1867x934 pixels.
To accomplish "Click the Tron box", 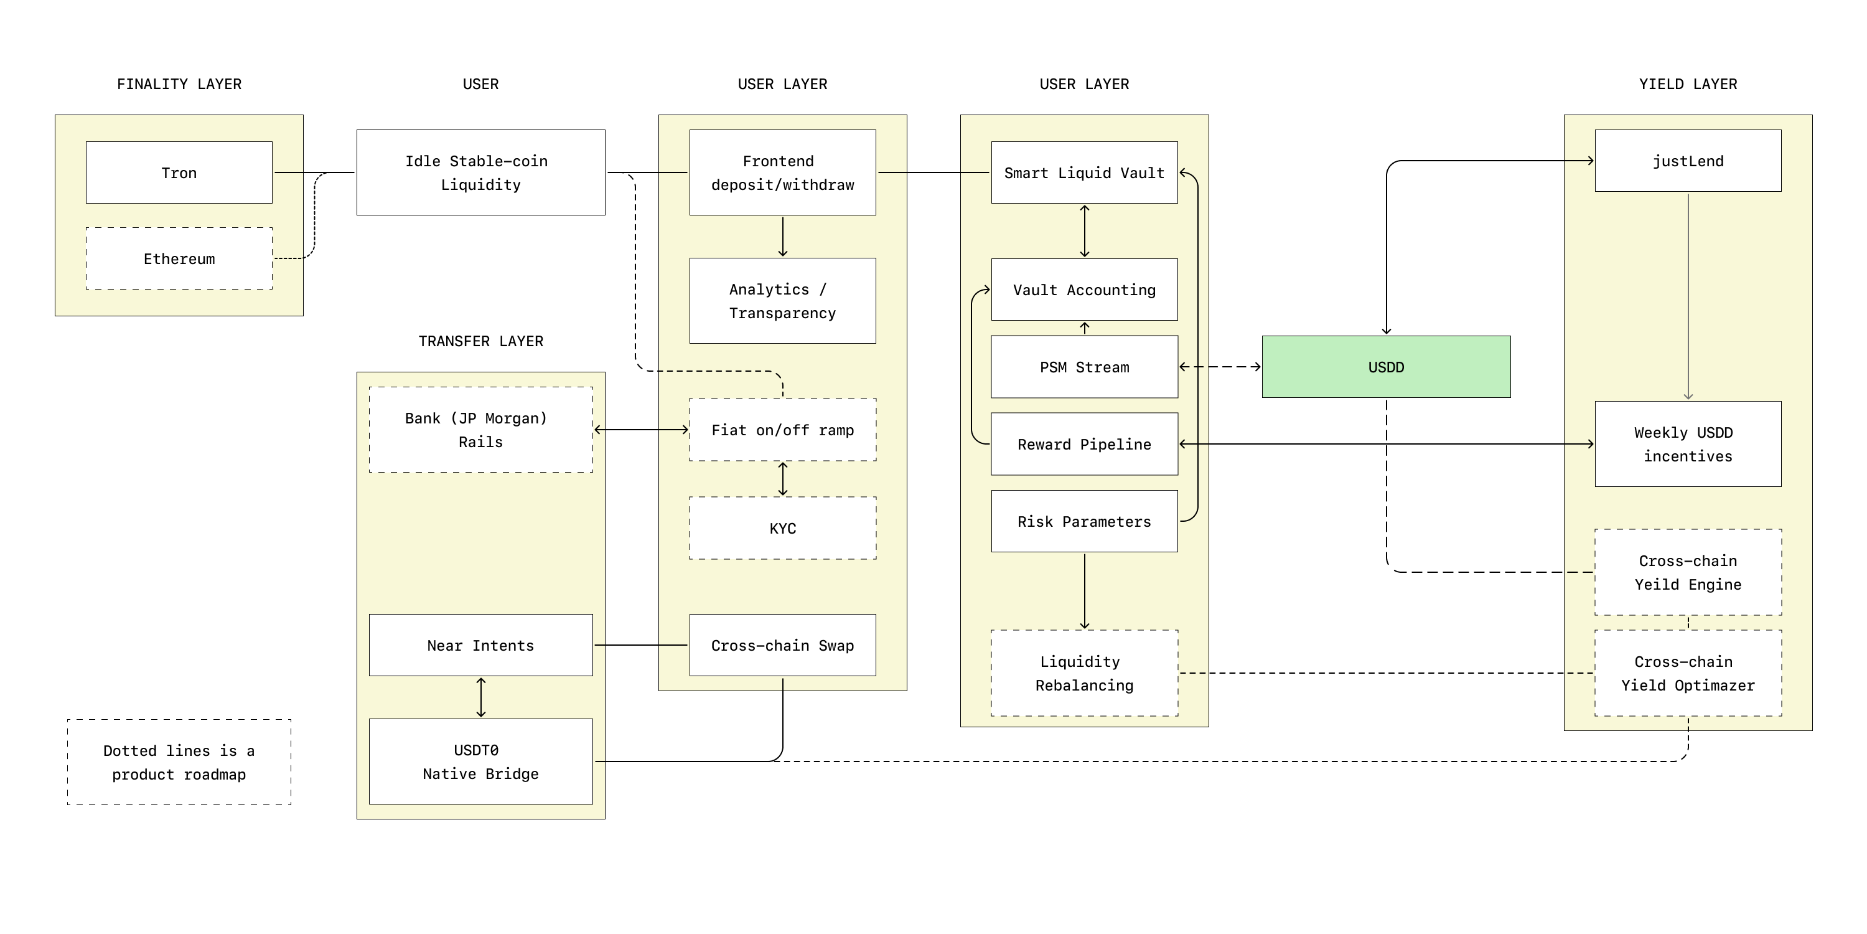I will tap(179, 172).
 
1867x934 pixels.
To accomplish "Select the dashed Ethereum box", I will tap(179, 259).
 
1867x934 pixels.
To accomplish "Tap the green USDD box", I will tap(1386, 367).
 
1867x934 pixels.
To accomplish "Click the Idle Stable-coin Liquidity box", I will tap(480, 172).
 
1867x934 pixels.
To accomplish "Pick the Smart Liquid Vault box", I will tap(1084, 172).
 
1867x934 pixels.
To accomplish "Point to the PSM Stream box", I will tap(1084, 367).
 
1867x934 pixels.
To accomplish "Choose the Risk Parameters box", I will tap(1084, 521).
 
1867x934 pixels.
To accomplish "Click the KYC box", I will tap(782, 528).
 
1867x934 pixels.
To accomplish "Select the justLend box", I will tap(1687, 161).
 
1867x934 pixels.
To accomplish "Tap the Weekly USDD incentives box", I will tap(1687, 444).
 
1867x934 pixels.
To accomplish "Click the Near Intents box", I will tap(480, 645).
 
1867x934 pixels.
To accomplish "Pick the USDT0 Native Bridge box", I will tap(480, 762).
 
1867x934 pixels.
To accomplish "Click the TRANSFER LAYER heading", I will tap(480, 341).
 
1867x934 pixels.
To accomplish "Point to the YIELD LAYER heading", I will tap(1687, 84).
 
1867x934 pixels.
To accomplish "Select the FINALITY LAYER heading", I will tap(179, 84).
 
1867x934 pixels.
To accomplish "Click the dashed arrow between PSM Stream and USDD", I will tap(1220, 367).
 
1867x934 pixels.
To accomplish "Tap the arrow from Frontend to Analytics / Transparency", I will tap(782, 237).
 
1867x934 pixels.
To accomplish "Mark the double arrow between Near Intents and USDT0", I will tap(480, 697).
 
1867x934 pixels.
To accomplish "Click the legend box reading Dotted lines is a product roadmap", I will tap(179, 762).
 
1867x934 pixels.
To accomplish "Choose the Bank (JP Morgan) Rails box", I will tap(480, 430).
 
